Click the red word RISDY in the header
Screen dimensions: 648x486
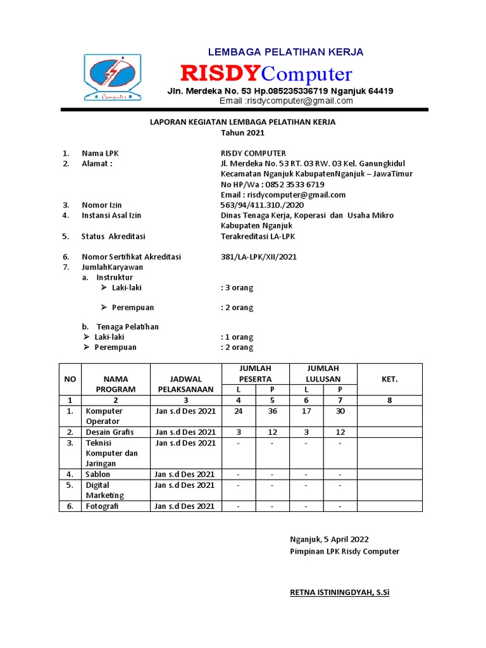(x=220, y=74)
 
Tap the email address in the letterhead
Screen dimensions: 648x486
(x=286, y=101)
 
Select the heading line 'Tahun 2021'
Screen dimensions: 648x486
(x=242, y=133)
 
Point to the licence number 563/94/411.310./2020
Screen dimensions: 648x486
(x=262, y=205)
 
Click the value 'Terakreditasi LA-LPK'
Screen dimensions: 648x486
(x=258, y=237)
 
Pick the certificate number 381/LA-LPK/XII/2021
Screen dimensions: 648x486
(x=258, y=257)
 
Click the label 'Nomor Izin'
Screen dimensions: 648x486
(x=101, y=205)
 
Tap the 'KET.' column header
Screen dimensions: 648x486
(x=389, y=379)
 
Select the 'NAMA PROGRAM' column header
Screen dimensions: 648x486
(x=115, y=384)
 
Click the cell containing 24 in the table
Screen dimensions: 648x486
(x=238, y=411)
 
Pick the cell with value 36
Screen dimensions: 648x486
(x=272, y=411)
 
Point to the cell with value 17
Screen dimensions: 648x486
(x=306, y=411)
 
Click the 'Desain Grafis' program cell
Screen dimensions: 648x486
(x=109, y=432)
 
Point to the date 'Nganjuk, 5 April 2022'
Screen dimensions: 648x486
(x=329, y=540)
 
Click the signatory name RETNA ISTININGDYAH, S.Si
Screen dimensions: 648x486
(x=340, y=593)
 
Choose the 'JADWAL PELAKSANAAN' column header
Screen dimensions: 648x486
(x=185, y=384)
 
